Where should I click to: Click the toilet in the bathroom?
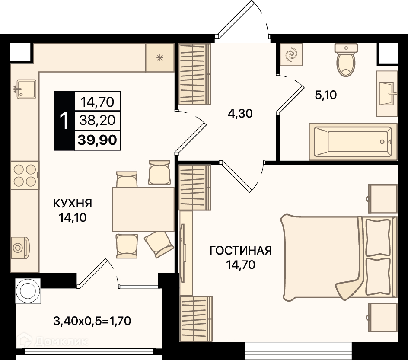[x=346, y=60]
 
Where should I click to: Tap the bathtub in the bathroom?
[x=353, y=141]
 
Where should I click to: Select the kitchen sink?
[x=26, y=89]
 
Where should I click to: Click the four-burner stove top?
[x=25, y=175]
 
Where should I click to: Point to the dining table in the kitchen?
[x=143, y=209]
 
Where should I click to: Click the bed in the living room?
[x=339, y=258]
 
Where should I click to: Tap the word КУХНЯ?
[x=73, y=204]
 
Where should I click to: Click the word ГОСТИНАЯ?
[x=241, y=251]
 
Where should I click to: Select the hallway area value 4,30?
[x=240, y=114]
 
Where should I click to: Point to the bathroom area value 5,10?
[x=326, y=95]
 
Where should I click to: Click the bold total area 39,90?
[x=97, y=140]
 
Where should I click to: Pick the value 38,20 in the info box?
[x=97, y=121]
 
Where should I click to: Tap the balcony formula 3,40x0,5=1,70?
[x=92, y=321]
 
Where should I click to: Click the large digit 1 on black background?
[x=64, y=121]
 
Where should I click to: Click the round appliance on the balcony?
[x=28, y=291]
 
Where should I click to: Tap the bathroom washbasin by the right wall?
[x=387, y=94]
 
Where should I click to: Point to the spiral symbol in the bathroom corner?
[x=291, y=54]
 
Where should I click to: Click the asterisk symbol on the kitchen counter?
[x=159, y=58]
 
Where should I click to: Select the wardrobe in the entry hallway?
[x=194, y=74]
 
